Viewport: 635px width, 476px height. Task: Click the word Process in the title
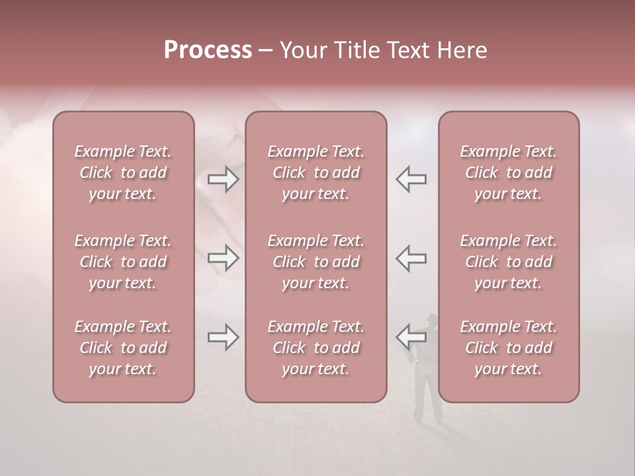pos(208,50)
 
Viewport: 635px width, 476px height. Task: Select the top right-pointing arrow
pos(223,179)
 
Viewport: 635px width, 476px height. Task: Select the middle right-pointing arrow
pos(223,258)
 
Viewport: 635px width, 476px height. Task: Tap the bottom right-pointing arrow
pos(223,337)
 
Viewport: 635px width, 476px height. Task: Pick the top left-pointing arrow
pos(411,179)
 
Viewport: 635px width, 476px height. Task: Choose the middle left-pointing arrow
pos(411,258)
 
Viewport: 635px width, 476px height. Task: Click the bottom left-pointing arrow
pos(411,337)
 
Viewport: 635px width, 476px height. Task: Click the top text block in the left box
pos(123,173)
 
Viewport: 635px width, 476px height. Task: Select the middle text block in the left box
pos(123,262)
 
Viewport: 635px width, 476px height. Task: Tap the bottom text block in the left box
pos(123,348)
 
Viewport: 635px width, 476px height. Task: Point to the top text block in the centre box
pos(316,173)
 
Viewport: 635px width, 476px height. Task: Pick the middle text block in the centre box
pos(316,262)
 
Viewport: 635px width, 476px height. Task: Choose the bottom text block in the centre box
pos(316,348)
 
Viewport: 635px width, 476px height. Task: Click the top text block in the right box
pos(508,173)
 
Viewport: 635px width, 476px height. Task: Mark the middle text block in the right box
pos(508,262)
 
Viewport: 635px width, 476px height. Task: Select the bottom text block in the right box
pos(508,348)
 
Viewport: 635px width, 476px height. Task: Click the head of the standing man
pos(431,320)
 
